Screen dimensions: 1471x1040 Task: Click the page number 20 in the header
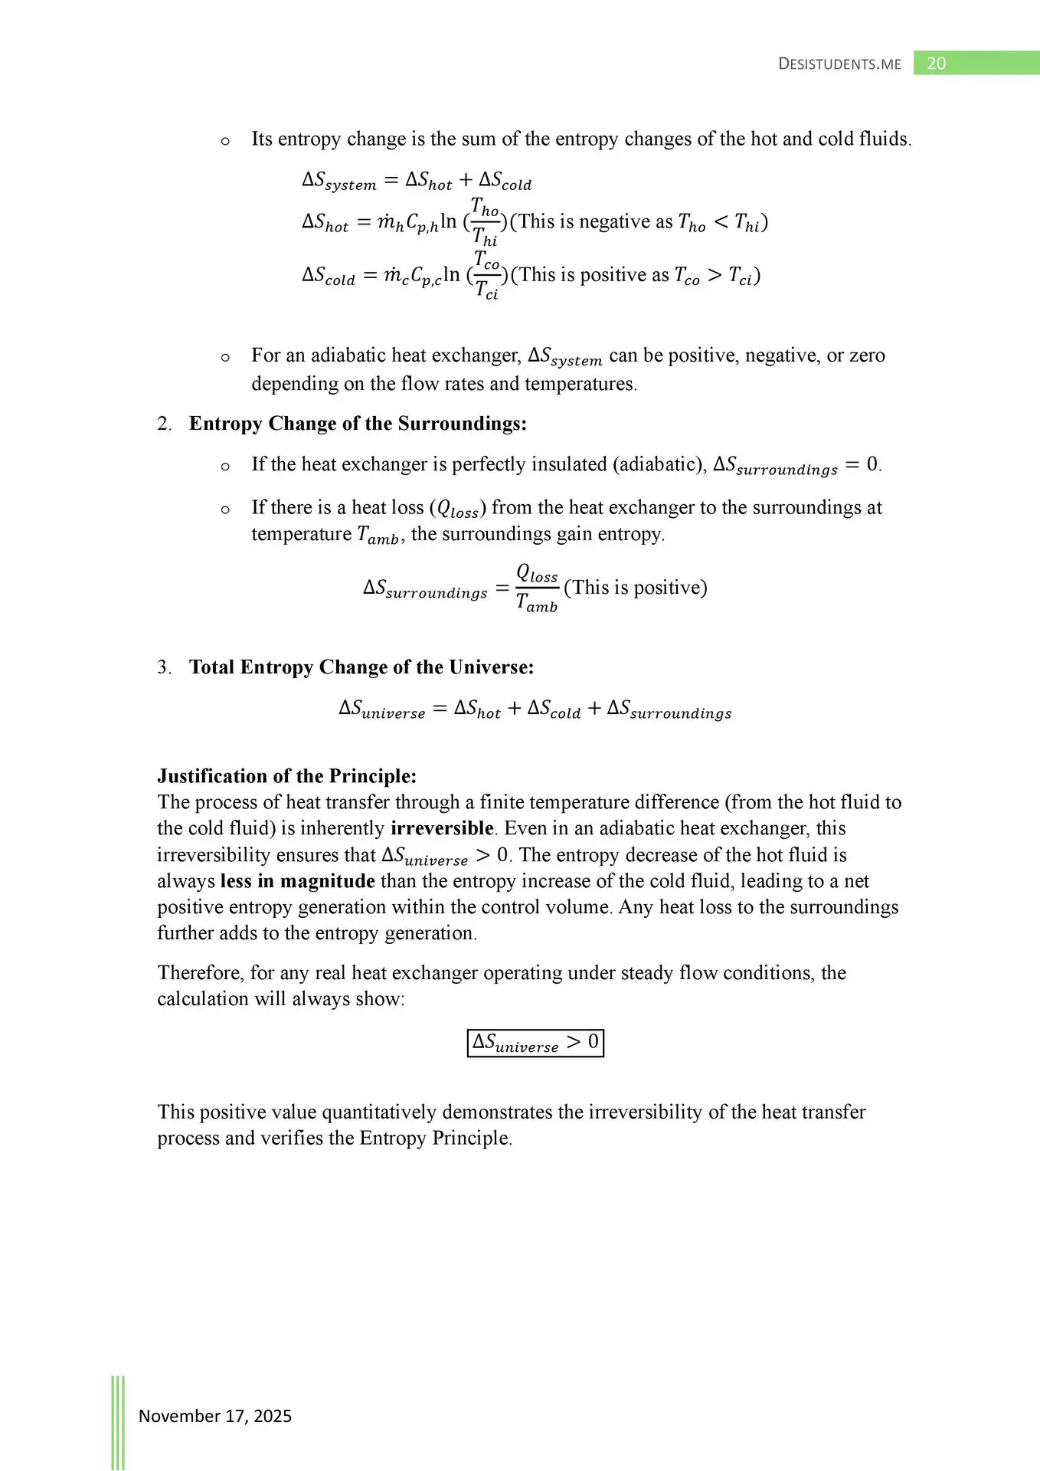(936, 64)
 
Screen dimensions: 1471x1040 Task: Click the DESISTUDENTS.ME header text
(839, 64)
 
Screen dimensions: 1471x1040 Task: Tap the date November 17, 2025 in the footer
(214, 1416)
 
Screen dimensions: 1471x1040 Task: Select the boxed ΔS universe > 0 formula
(535, 1043)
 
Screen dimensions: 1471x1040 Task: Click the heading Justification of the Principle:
(286, 776)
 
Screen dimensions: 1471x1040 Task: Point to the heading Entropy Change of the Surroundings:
(358, 424)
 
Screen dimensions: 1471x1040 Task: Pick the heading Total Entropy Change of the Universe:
(361, 667)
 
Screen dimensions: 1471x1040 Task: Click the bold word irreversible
(442, 828)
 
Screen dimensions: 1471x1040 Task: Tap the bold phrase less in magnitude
(297, 881)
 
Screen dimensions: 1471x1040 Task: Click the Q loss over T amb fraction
(537, 588)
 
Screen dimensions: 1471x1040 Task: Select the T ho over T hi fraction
(485, 222)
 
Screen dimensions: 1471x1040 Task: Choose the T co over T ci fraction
(486, 275)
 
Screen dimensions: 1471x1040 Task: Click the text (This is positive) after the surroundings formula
(636, 588)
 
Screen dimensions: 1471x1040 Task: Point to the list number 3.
(164, 667)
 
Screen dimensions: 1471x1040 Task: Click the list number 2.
(164, 424)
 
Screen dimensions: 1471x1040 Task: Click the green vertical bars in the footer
(118, 1421)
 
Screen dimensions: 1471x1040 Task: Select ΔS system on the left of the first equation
(339, 181)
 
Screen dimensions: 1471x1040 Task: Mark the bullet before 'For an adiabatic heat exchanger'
(225, 357)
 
